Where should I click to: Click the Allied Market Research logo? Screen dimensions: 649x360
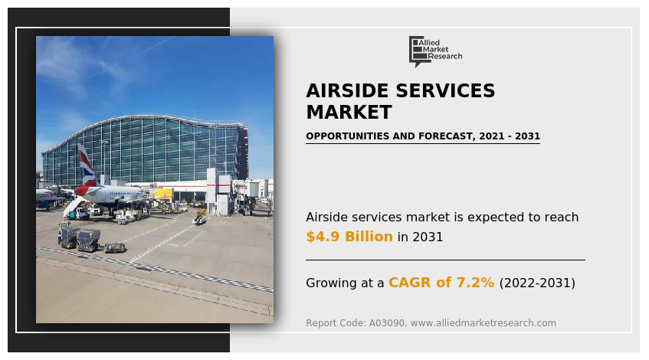(435, 51)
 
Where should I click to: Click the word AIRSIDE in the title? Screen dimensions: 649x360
(347, 90)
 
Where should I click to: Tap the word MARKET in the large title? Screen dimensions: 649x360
(349, 112)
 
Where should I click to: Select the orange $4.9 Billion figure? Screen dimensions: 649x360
(349, 236)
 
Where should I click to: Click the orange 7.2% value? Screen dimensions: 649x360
(475, 282)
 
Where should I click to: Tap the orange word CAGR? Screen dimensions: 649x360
(409, 282)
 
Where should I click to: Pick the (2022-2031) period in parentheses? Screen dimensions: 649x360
(537, 283)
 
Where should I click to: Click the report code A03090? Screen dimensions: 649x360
(387, 322)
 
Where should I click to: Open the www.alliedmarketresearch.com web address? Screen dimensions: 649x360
(483, 322)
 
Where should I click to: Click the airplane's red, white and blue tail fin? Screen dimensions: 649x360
(86, 165)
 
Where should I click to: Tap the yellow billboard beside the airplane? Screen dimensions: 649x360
(163, 193)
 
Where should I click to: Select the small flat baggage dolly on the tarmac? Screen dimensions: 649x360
(115, 247)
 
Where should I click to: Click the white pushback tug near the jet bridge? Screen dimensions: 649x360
(199, 220)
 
